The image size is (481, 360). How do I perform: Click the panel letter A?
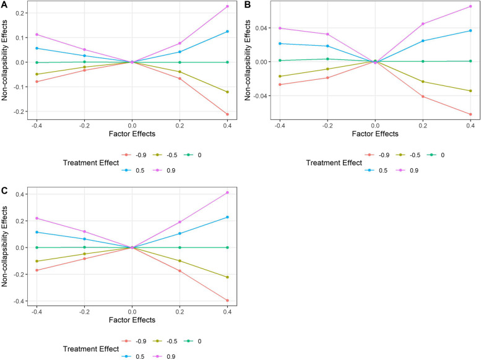tap(4, 4)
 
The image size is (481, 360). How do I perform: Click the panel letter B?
tap(246, 4)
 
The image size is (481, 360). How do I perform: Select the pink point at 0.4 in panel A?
tap(228, 6)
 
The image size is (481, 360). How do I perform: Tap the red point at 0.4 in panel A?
tap(228, 114)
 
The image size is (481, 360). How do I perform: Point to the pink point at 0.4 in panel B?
tap(470, 6)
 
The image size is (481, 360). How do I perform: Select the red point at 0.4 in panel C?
tap(228, 301)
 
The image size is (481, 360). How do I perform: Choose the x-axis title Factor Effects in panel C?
tap(132, 320)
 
